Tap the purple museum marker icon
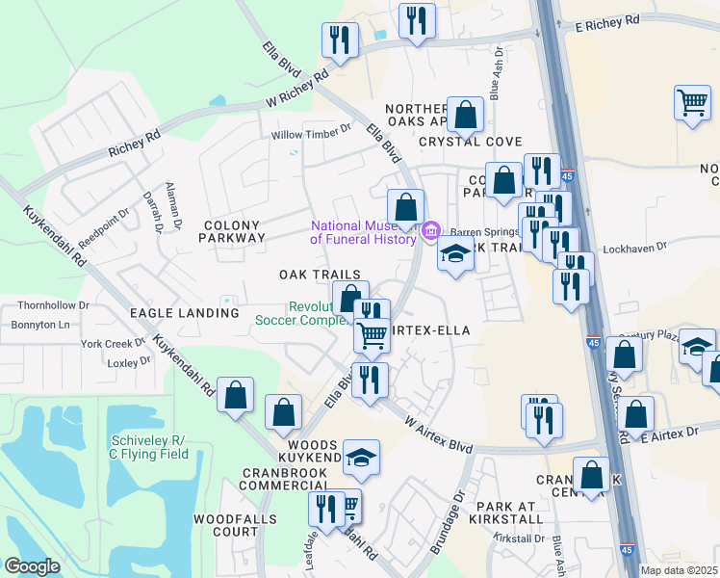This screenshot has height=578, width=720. click(x=431, y=230)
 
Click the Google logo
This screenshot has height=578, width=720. click(x=32, y=566)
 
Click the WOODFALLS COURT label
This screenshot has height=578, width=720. click(x=226, y=525)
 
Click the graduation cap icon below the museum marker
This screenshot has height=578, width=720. click(x=454, y=254)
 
